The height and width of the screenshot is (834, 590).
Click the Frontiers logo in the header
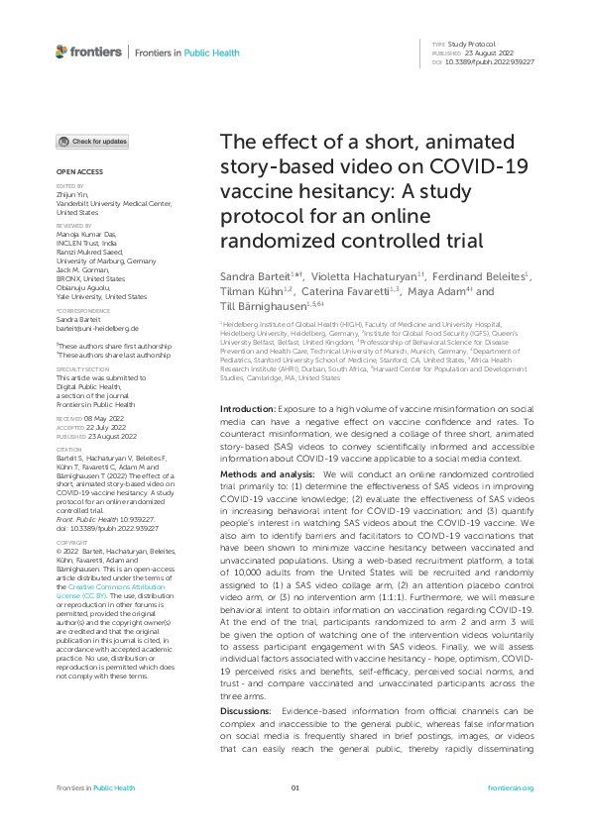point(89,51)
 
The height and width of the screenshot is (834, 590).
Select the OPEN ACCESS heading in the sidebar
point(74,171)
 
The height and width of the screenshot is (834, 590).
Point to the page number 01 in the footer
point(295,787)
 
